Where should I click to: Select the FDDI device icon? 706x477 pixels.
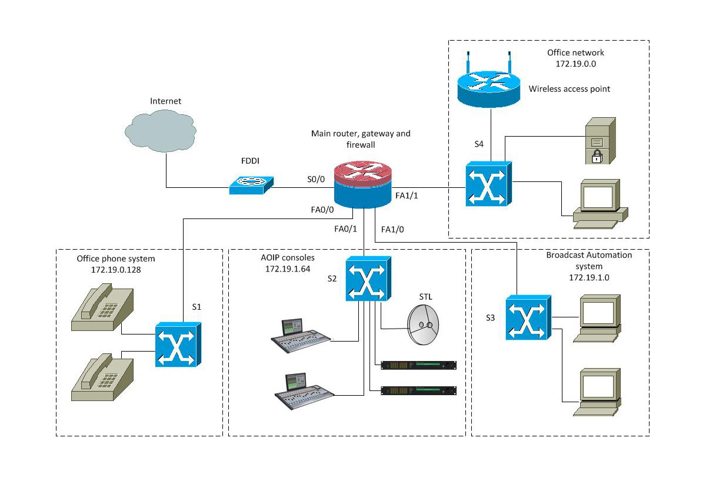[251, 184]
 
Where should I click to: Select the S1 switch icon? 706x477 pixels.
[178, 344]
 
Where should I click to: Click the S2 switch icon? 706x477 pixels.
[368, 279]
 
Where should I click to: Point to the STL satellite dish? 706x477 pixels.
[424, 326]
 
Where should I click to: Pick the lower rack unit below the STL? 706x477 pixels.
[418, 390]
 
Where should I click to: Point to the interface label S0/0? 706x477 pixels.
[315, 180]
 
